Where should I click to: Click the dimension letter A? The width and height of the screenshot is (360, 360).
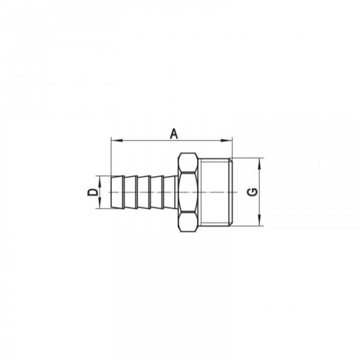click(174, 134)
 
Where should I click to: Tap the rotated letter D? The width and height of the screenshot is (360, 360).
click(92, 192)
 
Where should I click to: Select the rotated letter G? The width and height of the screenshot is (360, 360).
click(253, 192)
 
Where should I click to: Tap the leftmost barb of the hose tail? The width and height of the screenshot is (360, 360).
click(117, 192)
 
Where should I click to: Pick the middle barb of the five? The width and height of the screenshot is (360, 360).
click(144, 192)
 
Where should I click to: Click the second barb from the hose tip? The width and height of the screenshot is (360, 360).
click(131, 192)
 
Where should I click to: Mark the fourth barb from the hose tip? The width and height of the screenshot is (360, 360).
click(157, 192)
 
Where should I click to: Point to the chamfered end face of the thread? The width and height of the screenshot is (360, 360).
click(232, 192)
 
